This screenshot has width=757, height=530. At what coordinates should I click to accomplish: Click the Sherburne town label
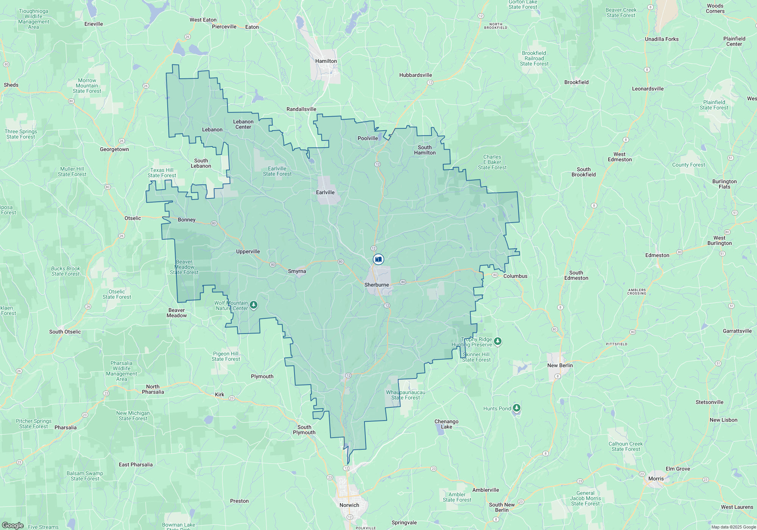pyautogui.click(x=377, y=285)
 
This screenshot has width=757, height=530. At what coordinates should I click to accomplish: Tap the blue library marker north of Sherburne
pyautogui.click(x=378, y=259)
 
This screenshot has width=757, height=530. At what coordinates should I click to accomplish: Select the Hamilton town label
pyautogui.click(x=326, y=61)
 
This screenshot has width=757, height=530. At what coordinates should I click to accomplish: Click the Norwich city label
pyautogui.click(x=349, y=505)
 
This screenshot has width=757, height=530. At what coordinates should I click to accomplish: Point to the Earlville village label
pyautogui.click(x=325, y=192)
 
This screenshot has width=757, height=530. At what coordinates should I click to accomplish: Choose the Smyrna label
pyautogui.click(x=297, y=271)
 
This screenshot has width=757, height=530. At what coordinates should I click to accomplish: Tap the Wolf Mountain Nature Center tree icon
pyautogui.click(x=254, y=305)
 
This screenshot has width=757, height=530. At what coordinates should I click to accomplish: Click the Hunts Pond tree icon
pyautogui.click(x=517, y=408)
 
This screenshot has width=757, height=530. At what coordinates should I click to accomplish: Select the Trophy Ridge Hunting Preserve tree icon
pyautogui.click(x=498, y=341)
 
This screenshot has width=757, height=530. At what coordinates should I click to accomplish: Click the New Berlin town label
pyautogui.click(x=560, y=365)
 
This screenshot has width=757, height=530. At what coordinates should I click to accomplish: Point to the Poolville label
pyautogui.click(x=368, y=138)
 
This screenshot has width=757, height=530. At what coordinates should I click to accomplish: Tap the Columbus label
pyautogui.click(x=515, y=276)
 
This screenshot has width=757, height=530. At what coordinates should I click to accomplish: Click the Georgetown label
pyautogui.click(x=114, y=149)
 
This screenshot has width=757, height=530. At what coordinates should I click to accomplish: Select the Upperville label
pyautogui.click(x=248, y=251)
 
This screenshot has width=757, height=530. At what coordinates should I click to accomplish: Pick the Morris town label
pyautogui.click(x=656, y=479)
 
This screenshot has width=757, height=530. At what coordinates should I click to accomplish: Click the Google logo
pyautogui.click(x=13, y=525)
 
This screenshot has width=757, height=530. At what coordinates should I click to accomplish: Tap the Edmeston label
pyautogui.click(x=657, y=255)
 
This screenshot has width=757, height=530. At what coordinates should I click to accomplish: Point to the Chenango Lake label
pyautogui.click(x=446, y=424)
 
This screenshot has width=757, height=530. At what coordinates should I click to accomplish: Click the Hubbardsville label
pyautogui.click(x=415, y=75)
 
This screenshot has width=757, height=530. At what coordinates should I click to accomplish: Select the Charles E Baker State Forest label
pyautogui.click(x=492, y=162)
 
